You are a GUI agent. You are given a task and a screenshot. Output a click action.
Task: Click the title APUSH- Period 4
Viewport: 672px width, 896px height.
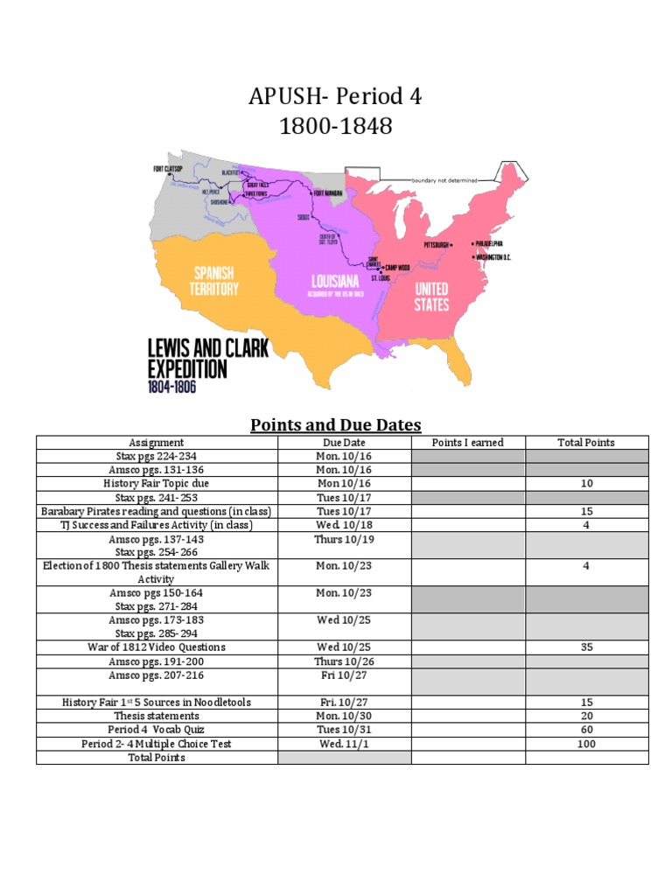(336, 96)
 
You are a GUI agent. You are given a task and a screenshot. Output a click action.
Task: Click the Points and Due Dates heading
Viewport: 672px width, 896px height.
(336, 425)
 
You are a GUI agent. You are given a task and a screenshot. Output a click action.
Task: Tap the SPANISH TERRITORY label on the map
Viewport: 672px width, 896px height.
(213, 281)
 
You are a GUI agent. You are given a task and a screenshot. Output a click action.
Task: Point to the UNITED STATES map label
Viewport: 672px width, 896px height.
(431, 297)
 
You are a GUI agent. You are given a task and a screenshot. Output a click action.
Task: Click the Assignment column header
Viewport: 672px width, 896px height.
(157, 443)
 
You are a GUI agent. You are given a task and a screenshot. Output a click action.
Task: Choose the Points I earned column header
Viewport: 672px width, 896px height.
(468, 443)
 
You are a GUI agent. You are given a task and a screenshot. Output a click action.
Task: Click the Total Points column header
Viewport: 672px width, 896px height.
(586, 443)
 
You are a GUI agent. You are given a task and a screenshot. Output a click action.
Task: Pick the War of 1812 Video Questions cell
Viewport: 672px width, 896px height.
(157, 647)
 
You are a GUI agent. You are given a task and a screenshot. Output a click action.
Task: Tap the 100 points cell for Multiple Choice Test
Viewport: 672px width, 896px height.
(586, 744)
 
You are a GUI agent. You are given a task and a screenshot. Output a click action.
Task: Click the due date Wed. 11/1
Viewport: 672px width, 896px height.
(344, 744)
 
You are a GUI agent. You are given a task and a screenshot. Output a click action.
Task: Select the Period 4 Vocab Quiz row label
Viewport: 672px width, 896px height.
(157, 730)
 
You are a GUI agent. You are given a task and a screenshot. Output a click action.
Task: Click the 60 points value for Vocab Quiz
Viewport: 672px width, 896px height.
(586, 730)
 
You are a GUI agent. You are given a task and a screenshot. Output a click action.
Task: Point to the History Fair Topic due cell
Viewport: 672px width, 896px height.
(157, 484)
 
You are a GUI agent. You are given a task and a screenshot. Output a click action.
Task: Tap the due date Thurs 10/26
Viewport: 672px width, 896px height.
(344, 661)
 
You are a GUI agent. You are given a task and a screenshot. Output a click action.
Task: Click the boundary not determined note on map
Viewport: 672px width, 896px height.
(444, 180)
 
